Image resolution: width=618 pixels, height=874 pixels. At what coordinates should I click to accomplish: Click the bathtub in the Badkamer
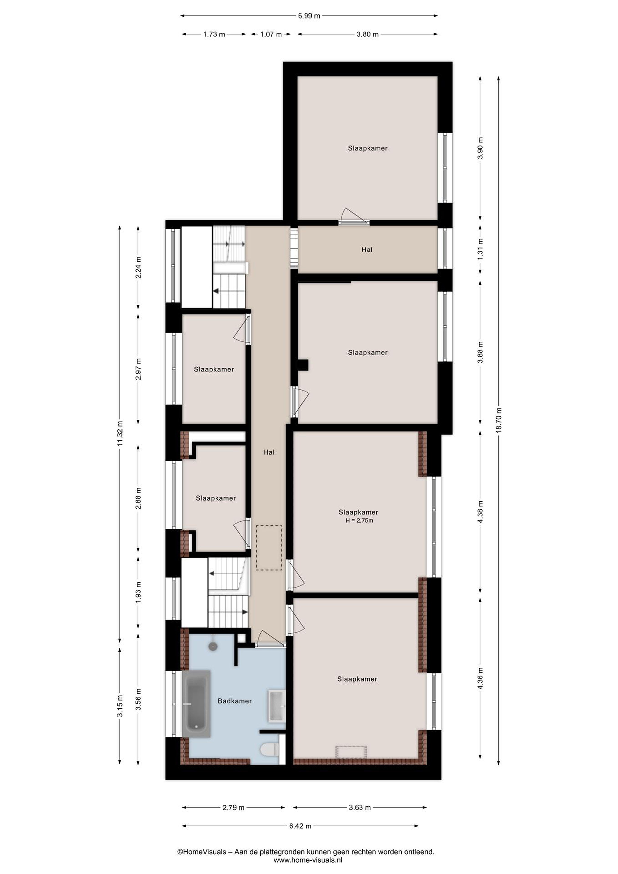196,703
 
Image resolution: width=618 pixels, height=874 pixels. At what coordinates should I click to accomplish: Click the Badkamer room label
235,701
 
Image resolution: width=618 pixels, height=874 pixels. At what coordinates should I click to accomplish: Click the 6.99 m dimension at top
309,16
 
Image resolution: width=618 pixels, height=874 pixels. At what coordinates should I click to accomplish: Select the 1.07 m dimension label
271,34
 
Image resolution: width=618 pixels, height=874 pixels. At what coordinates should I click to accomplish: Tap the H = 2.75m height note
359,520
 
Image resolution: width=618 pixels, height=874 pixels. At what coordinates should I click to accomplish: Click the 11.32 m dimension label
120,433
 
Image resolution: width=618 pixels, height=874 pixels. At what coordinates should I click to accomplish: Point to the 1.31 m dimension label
480,247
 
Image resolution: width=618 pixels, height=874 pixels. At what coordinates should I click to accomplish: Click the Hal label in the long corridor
269,452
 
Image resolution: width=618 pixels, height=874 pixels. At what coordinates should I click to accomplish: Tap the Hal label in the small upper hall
367,250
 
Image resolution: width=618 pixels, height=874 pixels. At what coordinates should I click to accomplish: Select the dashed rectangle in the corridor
269,548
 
